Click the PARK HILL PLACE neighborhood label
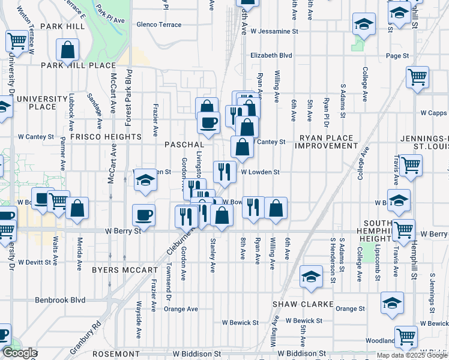78,65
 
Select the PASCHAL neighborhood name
184,145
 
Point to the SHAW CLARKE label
303,304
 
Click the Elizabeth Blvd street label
271,55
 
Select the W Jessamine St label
274,31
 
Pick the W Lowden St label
261,172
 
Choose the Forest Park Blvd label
128,97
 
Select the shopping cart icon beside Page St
417,77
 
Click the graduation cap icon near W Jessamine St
363,25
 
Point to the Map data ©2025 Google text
411,355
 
